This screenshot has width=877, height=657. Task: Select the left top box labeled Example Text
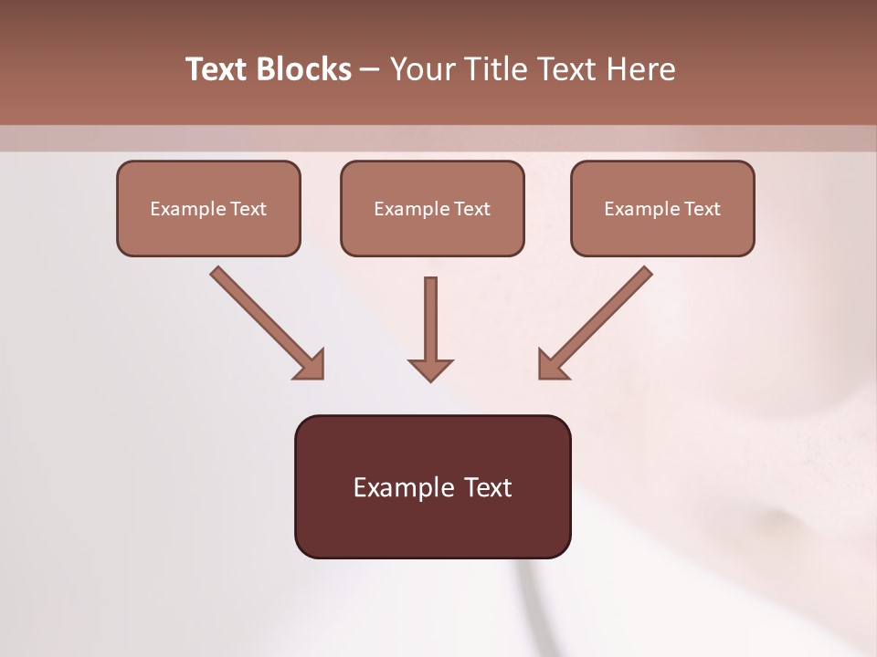point(208,209)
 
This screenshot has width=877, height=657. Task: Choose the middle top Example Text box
point(432,209)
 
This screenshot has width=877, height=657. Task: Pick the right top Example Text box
point(662,209)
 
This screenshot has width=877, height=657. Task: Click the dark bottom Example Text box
point(432,486)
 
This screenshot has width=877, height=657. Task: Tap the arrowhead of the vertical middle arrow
point(430,369)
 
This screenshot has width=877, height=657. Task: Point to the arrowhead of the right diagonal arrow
point(553,364)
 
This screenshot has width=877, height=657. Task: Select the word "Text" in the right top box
point(702,209)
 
